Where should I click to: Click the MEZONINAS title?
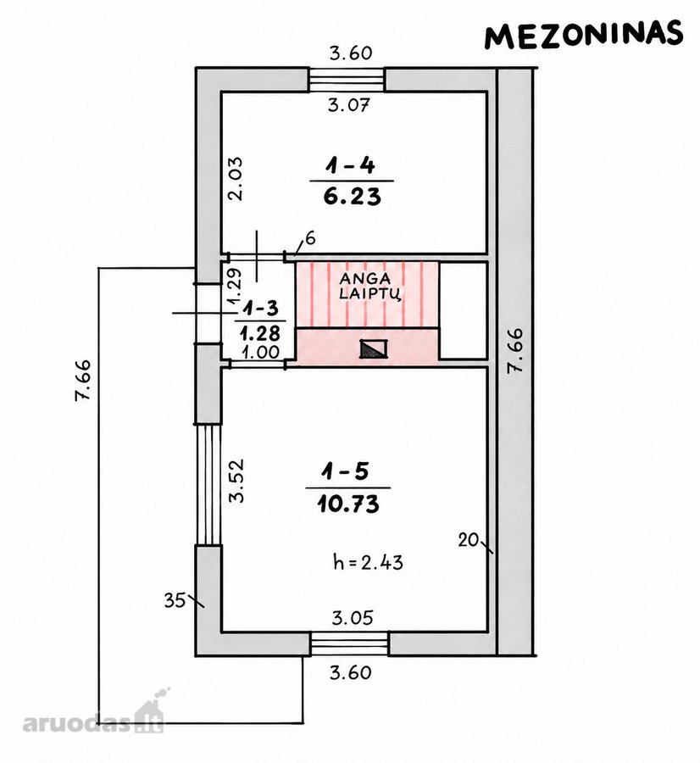click(584, 35)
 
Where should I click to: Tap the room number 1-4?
click(351, 166)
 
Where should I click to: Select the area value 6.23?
click(353, 197)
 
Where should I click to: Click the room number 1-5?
click(345, 471)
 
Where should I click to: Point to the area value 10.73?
click(348, 504)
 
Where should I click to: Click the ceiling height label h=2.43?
click(369, 562)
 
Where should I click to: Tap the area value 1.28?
click(260, 333)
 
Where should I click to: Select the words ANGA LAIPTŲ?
click(366, 287)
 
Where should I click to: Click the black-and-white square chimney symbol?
click(374, 348)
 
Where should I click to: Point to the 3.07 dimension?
click(349, 104)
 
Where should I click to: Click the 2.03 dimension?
click(236, 179)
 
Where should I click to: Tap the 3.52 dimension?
click(236, 481)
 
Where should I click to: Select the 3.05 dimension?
click(353, 618)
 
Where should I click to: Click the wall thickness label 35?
click(175, 600)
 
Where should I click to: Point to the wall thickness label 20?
click(468, 540)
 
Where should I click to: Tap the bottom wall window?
click(350, 643)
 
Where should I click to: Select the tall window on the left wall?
click(208, 484)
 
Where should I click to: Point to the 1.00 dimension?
click(261, 352)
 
